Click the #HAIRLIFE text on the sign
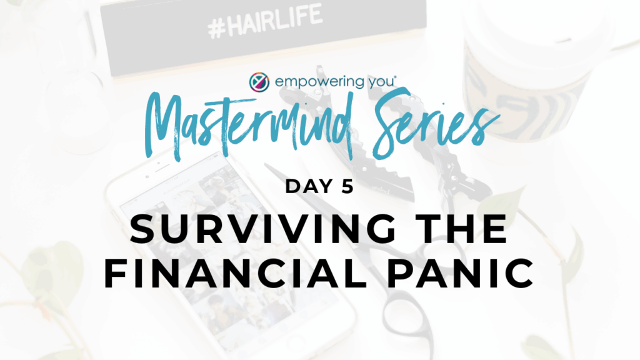point(264,21)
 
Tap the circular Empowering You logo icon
point(259,82)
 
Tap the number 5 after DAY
point(347,186)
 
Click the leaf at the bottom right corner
point(539,347)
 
